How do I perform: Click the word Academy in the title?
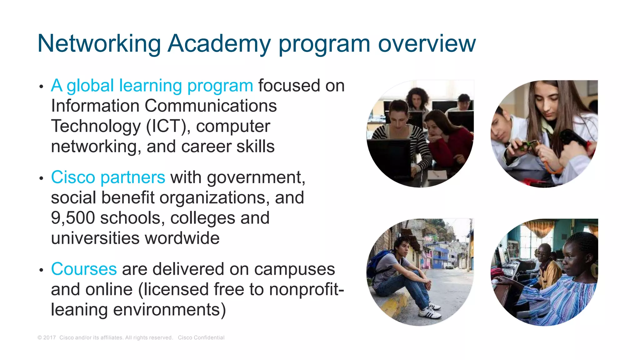[x=219, y=44]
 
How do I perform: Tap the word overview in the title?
[x=427, y=44]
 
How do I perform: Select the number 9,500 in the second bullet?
[x=73, y=218]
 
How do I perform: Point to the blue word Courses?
[x=84, y=269]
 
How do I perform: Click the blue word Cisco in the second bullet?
[x=73, y=177]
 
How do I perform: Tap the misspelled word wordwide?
[x=182, y=238]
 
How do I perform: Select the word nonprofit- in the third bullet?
[x=306, y=289]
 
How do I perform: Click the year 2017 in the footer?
[x=49, y=337]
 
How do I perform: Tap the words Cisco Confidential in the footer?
[x=201, y=337]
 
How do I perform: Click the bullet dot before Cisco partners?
[x=41, y=178]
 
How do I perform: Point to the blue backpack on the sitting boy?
[x=377, y=262]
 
